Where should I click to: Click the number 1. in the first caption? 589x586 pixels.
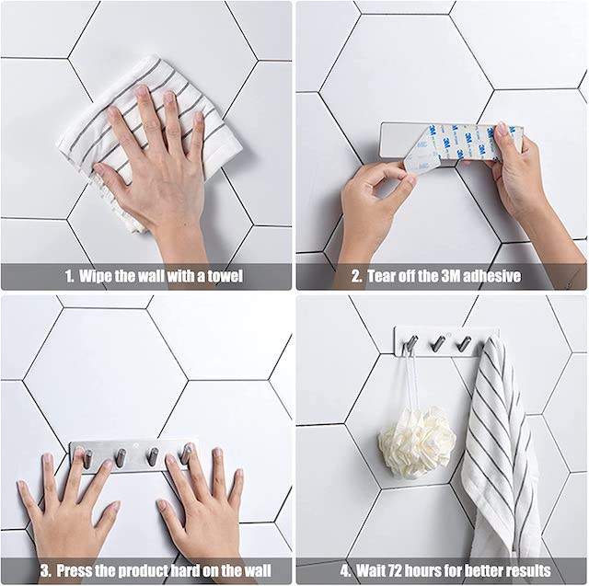pos(69,276)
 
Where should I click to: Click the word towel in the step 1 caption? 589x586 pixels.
pos(225,276)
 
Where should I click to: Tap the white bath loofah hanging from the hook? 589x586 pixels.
pos(417,441)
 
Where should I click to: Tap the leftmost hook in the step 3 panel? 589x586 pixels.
pos(87,459)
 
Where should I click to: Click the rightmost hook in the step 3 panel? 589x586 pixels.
pos(186,454)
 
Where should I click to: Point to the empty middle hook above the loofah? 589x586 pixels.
pos(437,343)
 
